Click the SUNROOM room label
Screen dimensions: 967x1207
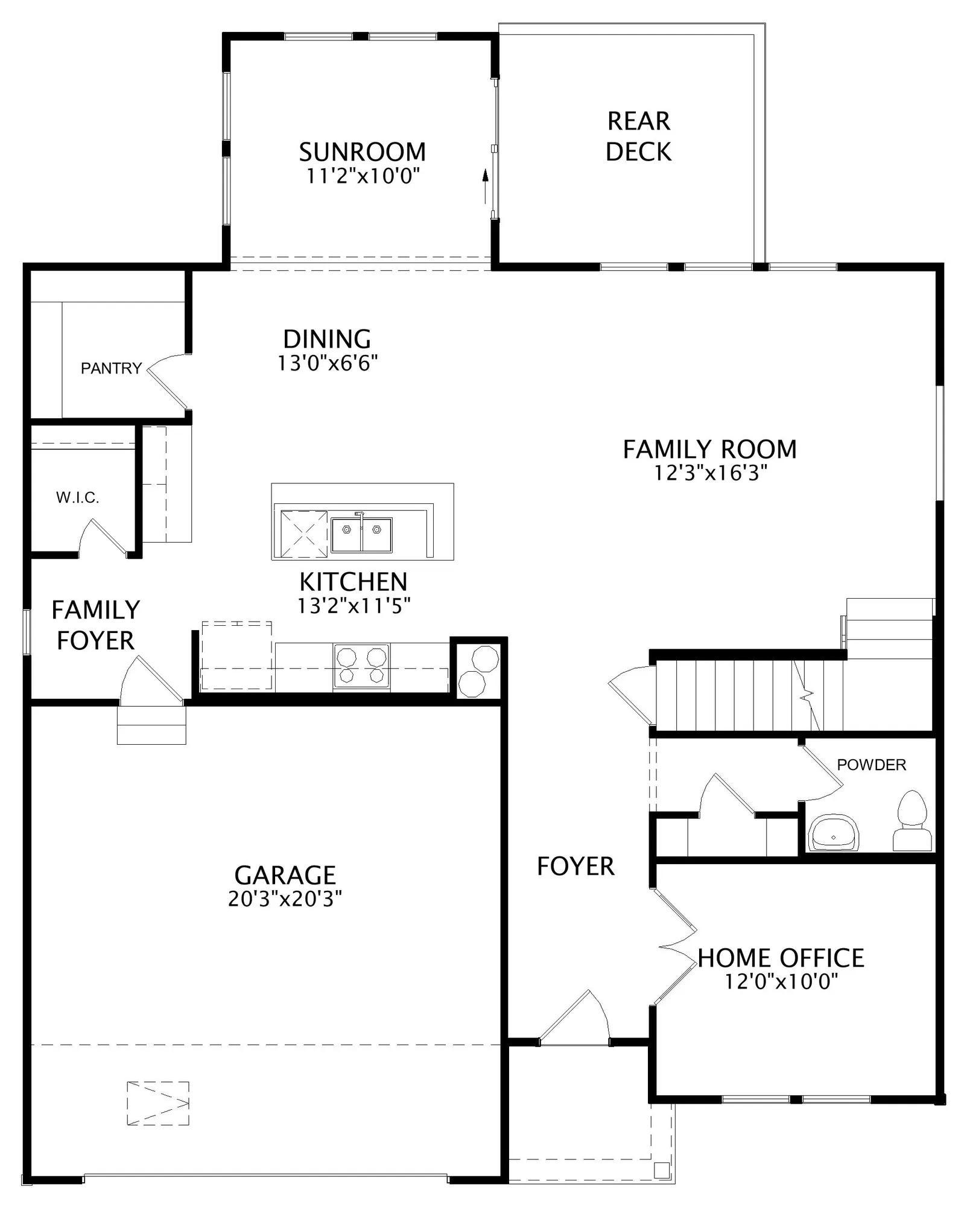click(x=362, y=151)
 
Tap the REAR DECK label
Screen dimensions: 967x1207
click(x=638, y=136)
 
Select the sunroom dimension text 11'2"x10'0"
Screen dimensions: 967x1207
click(x=363, y=176)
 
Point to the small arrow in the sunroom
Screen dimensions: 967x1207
click(x=484, y=184)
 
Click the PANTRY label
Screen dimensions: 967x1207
click(x=112, y=368)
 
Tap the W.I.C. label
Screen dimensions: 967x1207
click(x=77, y=498)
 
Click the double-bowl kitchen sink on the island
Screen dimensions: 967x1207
click(x=361, y=535)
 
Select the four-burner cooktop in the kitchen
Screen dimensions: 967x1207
click(x=361, y=666)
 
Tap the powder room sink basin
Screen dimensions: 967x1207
click(x=833, y=833)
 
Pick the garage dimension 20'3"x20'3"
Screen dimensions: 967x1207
click(x=285, y=899)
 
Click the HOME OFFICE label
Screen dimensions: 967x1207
click(x=781, y=958)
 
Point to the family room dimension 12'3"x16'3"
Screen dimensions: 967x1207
click(x=711, y=473)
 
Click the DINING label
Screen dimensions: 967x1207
click(x=327, y=339)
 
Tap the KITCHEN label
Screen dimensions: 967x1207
click(x=354, y=582)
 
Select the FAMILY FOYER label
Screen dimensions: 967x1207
click(x=96, y=625)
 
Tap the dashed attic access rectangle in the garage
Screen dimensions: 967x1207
click(x=158, y=1103)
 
